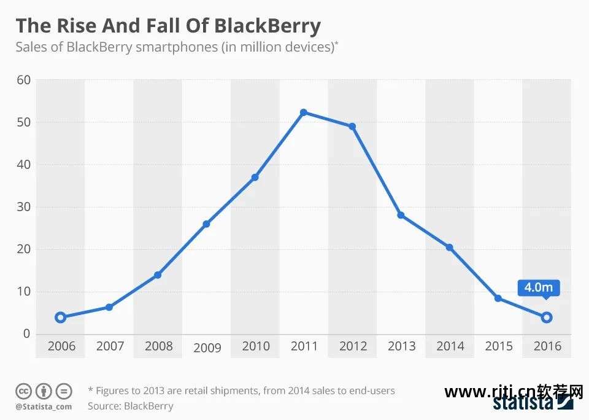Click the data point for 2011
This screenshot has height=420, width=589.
[304, 112]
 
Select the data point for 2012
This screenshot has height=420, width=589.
[352, 126]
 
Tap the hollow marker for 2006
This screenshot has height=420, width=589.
[60, 317]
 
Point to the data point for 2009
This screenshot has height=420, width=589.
[206, 224]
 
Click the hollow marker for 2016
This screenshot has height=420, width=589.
[547, 317]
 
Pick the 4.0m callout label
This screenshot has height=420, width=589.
[539, 287]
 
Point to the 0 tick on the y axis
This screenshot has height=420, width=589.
[26, 334]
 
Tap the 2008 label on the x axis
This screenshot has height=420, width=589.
[158, 346]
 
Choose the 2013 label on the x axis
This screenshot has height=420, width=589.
[401, 346]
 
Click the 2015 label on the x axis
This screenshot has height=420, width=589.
[499, 346]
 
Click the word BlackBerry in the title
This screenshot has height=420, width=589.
[268, 26]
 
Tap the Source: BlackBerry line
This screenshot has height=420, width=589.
[130, 406]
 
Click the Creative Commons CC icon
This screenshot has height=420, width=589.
[24, 391]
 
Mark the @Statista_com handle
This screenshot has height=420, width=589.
[44, 406]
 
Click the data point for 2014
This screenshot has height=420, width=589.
[450, 247]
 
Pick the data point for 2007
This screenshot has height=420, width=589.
[109, 307]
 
